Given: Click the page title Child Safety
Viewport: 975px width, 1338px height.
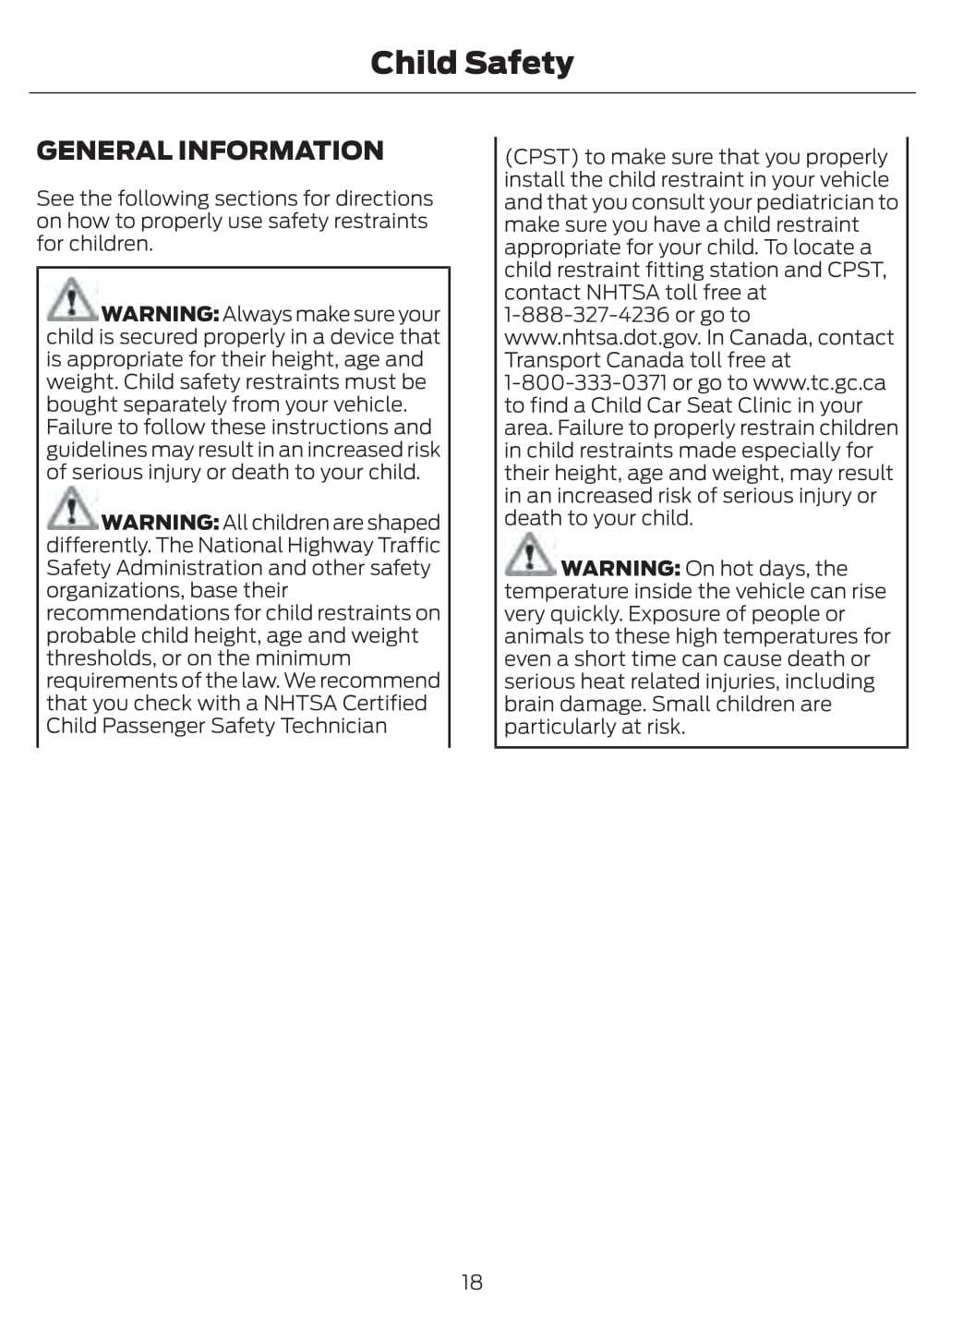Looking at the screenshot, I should coord(472,63).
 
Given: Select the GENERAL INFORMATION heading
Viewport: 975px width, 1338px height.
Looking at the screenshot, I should coord(210,151).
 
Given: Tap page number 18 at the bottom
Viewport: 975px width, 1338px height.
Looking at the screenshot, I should coord(472,1282).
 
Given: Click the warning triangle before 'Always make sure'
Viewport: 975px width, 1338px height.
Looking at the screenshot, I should coord(70,299).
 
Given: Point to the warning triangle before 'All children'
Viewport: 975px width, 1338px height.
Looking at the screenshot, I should coord(70,508).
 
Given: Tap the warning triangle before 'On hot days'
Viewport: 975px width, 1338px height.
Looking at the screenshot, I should coord(528,554).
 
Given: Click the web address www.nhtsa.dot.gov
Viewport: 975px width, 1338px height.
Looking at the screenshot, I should coord(602,338).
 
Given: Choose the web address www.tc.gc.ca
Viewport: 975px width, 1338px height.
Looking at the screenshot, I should coord(819,382).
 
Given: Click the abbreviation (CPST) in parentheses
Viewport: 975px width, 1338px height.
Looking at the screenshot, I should coord(541,157).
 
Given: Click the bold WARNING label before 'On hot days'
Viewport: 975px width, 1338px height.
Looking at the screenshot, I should coord(620,569).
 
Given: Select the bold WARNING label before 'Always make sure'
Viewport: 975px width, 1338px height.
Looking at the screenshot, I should coord(160,315).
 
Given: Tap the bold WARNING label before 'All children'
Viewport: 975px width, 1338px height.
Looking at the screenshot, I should coord(160,523).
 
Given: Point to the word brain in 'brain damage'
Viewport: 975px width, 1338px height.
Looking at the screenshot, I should coord(529,705).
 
